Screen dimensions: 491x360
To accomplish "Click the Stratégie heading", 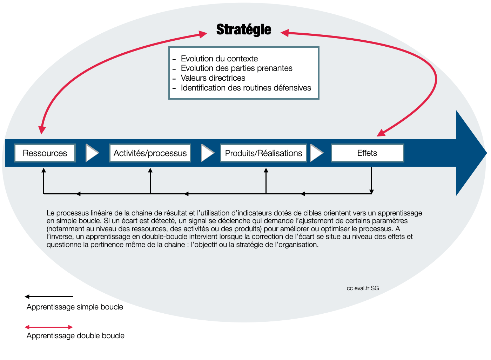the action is click(x=243, y=29).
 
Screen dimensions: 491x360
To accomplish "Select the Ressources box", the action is click(x=45, y=153).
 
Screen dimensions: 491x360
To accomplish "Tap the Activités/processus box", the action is click(x=150, y=153).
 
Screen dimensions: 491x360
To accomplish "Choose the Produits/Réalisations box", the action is click(x=263, y=153).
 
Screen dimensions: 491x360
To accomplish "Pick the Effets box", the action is click(x=368, y=153).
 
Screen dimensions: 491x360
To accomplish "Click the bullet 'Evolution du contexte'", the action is click(x=219, y=59).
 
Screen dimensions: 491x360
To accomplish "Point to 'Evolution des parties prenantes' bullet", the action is click(x=236, y=68).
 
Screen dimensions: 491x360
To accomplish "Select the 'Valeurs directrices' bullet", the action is click(x=213, y=78).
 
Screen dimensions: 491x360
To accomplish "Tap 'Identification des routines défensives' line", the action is click(x=246, y=88).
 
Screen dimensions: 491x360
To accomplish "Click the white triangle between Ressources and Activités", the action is click(x=91, y=153).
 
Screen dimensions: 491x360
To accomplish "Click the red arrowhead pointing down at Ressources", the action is click(x=42, y=130).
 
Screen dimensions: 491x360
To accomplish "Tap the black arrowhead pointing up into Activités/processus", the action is click(x=150, y=170).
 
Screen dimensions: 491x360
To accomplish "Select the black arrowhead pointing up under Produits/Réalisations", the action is click(x=266, y=170).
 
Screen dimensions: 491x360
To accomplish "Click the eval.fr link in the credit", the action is click(x=362, y=288).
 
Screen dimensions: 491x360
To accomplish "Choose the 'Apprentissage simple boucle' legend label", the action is click(x=75, y=307).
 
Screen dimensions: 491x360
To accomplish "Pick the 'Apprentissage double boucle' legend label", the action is click(x=75, y=336).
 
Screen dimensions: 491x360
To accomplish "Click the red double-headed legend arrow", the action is click(x=49, y=327).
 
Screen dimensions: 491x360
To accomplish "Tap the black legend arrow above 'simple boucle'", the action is click(x=49, y=296).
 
